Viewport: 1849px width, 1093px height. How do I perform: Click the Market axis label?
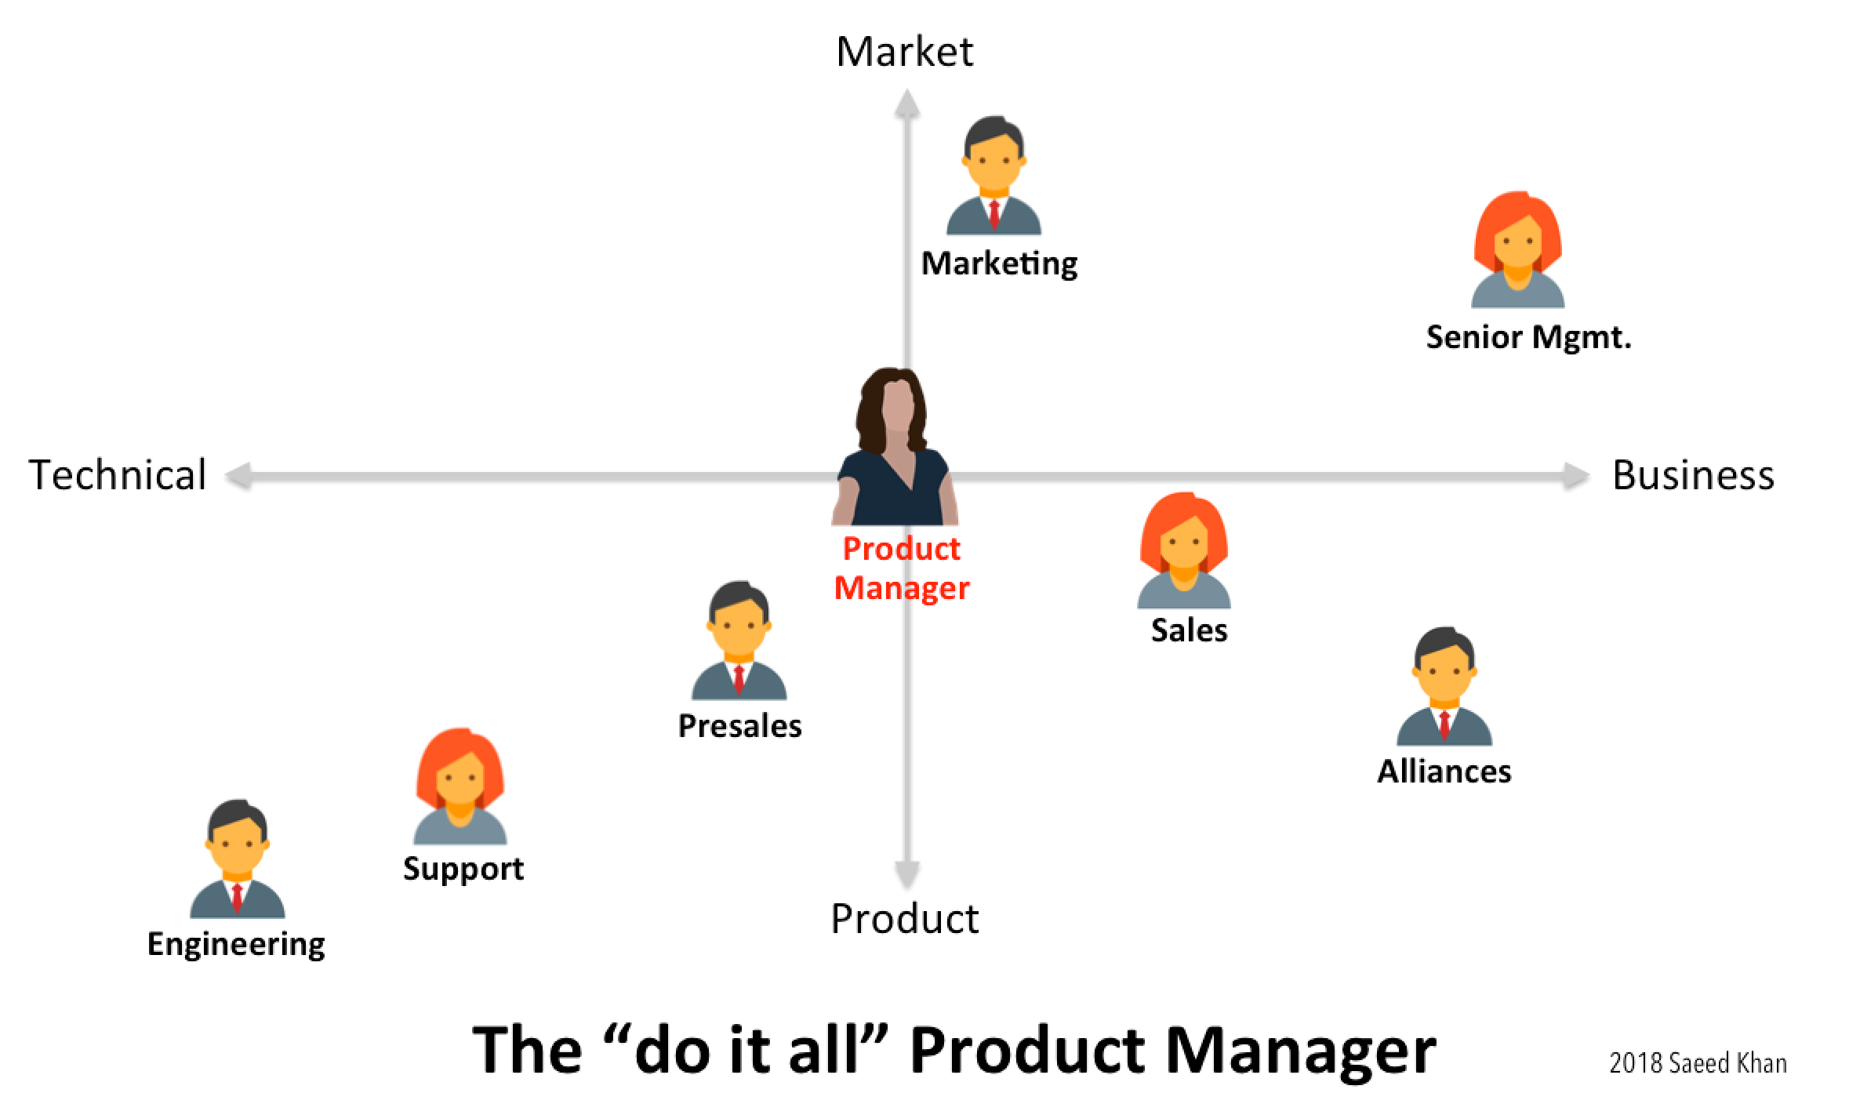pos(904,52)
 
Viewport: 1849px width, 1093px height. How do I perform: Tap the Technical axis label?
pos(118,475)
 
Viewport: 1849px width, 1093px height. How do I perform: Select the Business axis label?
pos(1693,475)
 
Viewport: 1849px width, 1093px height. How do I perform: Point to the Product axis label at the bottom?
pos(904,918)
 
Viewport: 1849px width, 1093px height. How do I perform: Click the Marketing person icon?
pos(994,176)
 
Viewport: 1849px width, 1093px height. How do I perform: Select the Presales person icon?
pos(739,641)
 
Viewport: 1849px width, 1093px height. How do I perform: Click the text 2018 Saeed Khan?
pos(1698,1063)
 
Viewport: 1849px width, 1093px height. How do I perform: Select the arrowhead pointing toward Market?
pos(907,103)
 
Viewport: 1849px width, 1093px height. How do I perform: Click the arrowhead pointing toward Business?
pos(1575,476)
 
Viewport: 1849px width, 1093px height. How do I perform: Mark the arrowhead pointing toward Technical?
pos(238,476)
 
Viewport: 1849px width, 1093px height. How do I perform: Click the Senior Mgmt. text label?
pos(1528,337)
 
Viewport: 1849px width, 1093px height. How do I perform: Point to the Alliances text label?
pos(1444,772)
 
